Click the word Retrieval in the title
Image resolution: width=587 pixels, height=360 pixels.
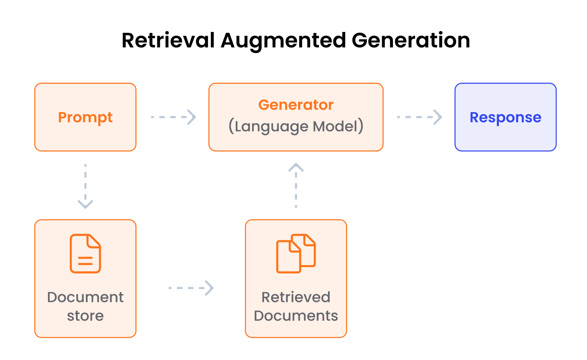click(x=168, y=40)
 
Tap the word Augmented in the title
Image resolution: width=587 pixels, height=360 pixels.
click(x=283, y=41)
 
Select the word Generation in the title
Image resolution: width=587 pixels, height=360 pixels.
click(x=411, y=40)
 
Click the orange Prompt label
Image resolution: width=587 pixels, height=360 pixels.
click(x=85, y=117)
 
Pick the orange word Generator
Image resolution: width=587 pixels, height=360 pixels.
click(x=296, y=105)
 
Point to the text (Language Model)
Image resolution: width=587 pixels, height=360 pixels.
click(x=296, y=126)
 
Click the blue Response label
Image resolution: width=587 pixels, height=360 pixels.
click(x=505, y=117)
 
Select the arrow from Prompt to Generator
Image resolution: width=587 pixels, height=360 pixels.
click(x=173, y=117)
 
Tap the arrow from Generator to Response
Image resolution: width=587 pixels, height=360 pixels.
click(x=419, y=117)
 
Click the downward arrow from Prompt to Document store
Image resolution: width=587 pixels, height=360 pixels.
click(x=86, y=186)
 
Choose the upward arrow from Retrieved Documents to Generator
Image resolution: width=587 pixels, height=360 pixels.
click(x=296, y=186)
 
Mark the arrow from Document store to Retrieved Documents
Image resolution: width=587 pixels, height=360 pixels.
click(x=191, y=288)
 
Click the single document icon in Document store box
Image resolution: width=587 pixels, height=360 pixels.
click(x=86, y=253)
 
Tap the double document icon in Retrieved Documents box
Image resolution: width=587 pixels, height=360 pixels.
click(x=296, y=253)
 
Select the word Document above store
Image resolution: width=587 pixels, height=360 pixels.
click(x=85, y=297)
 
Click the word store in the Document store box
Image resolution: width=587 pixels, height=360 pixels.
click(x=85, y=316)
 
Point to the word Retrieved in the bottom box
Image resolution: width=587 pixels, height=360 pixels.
click(x=296, y=297)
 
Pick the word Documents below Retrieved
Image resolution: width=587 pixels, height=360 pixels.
click(x=296, y=316)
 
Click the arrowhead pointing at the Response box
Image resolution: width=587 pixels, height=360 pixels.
click(x=438, y=117)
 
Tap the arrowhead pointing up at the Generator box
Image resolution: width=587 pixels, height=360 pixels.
click(x=296, y=168)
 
